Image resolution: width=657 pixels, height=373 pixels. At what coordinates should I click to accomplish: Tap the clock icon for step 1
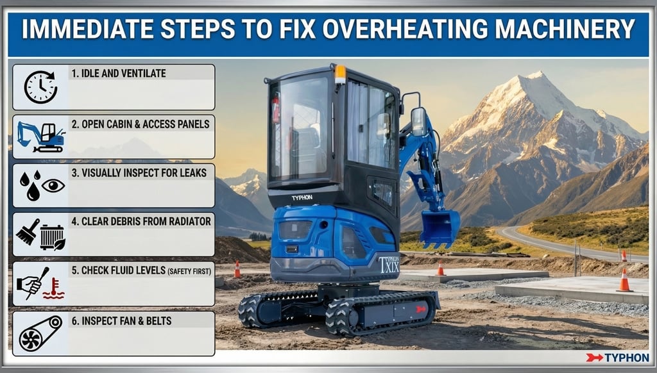[x=40, y=87]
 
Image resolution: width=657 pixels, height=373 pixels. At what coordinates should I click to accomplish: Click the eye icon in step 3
[x=53, y=185]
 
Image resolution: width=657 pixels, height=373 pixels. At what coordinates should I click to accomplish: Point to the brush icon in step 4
[x=28, y=232]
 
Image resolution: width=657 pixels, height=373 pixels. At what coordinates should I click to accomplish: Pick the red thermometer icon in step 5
[x=54, y=288]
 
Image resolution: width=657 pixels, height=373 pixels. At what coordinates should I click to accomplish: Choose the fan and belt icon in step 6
[x=40, y=334]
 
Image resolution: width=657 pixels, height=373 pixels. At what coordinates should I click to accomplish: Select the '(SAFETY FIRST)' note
[x=189, y=271]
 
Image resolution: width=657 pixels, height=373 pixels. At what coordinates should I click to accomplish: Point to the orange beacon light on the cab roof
[x=340, y=74]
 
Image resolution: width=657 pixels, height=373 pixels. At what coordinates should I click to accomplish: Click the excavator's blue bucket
[x=439, y=228]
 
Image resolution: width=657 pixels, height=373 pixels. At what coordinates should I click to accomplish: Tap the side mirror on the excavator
[x=418, y=122]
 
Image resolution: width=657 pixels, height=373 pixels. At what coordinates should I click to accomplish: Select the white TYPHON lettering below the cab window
[x=302, y=197]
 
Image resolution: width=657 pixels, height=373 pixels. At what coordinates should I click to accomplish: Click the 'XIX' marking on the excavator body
[x=390, y=266]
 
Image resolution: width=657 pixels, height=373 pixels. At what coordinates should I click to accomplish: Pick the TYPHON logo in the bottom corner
[x=618, y=358]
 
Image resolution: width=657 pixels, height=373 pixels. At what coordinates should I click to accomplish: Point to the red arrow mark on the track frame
[x=420, y=310]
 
